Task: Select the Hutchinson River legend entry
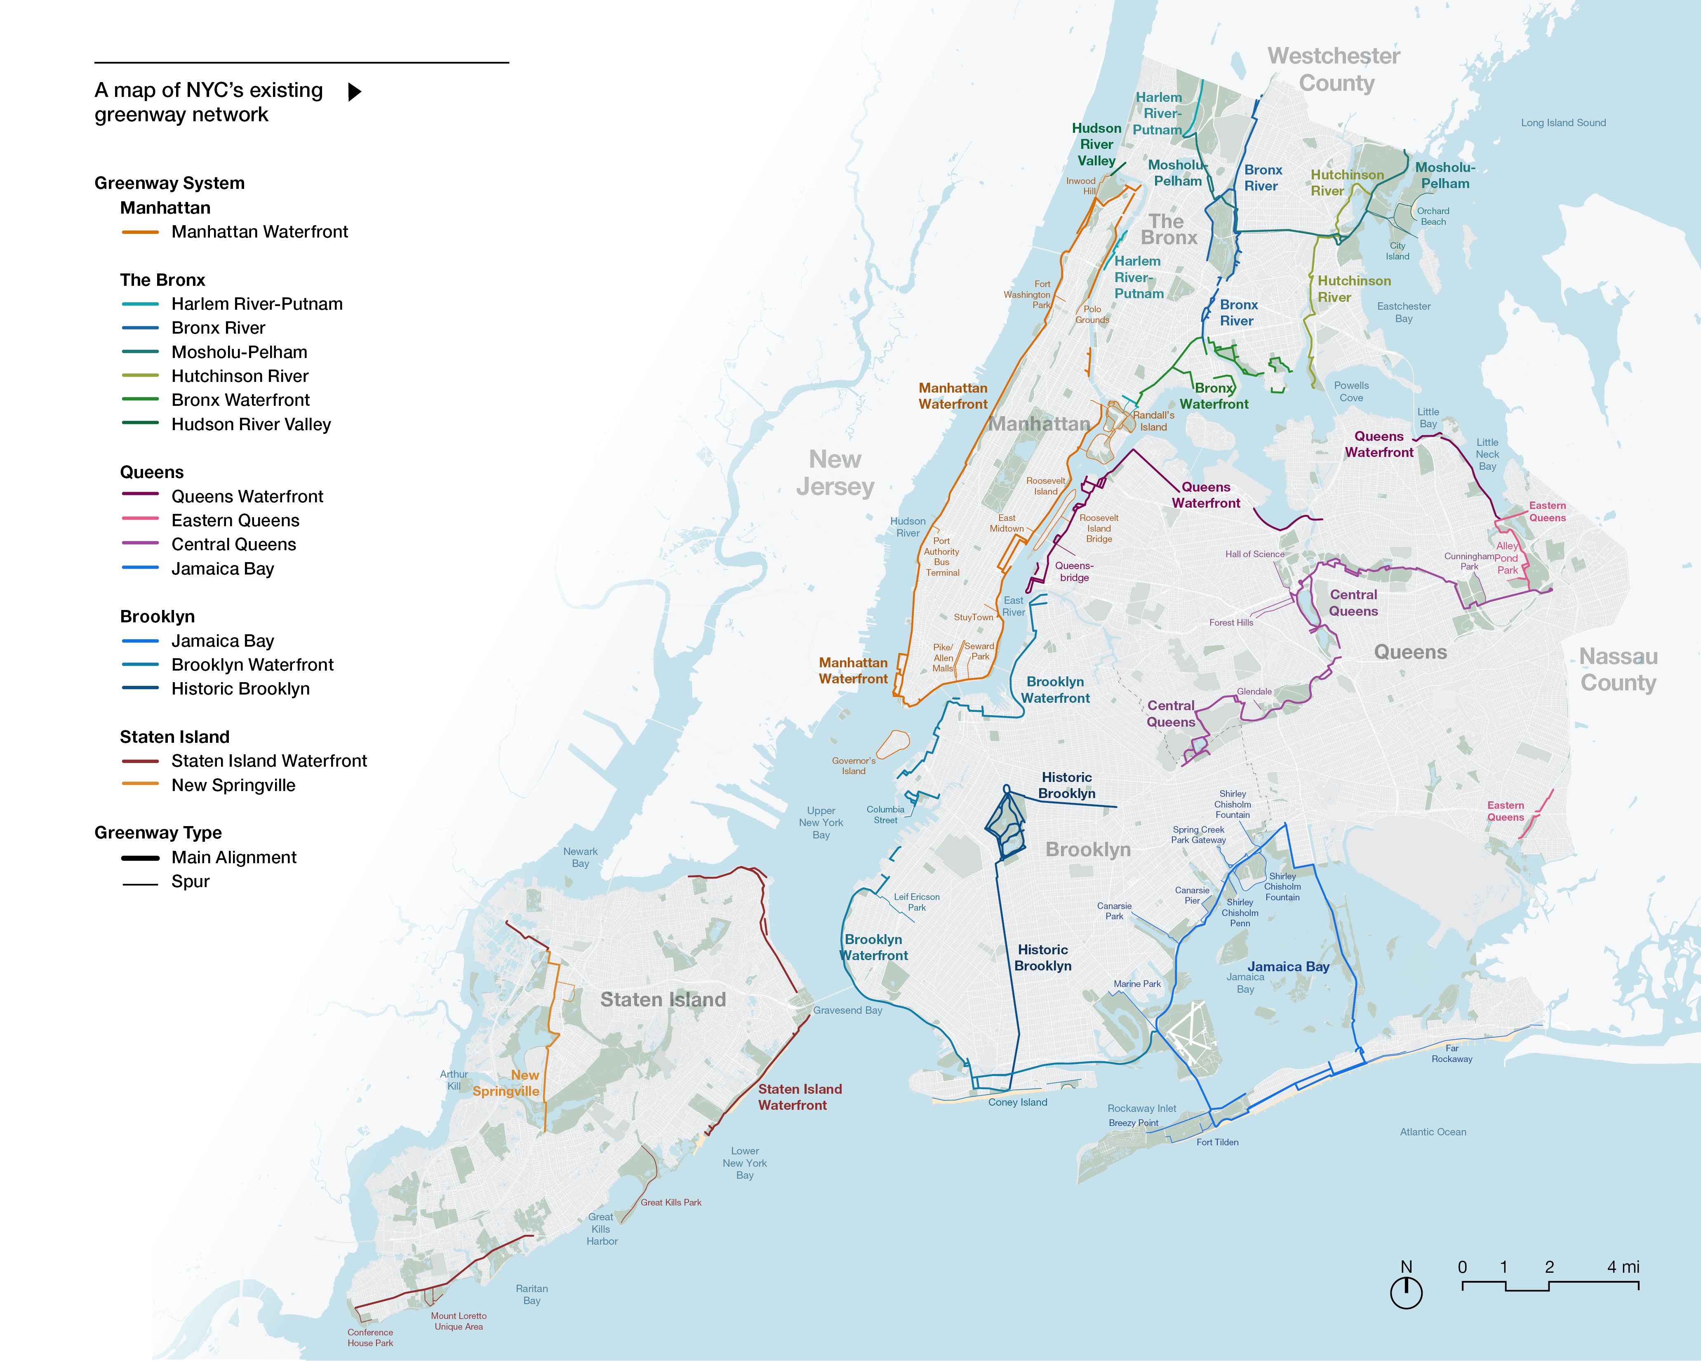point(239,377)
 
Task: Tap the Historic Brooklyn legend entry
point(240,689)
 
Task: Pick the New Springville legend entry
point(233,785)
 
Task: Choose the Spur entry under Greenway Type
point(190,881)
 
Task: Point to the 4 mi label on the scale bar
point(1623,1267)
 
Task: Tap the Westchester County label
point(1334,69)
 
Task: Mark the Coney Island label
point(1018,1102)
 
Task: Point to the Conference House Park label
point(370,1337)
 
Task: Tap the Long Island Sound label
point(1563,123)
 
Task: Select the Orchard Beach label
point(1433,216)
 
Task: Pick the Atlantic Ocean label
point(1433,1132)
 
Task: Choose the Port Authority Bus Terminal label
point(942,557)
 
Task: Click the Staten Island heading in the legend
point(174,737)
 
